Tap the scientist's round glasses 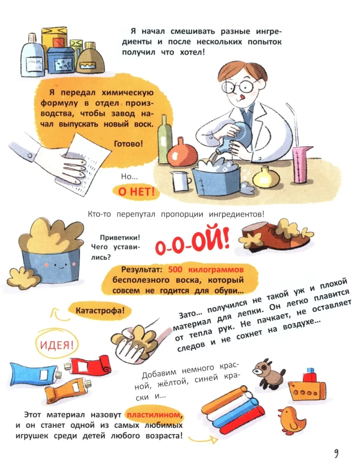[x=245, y=86]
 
